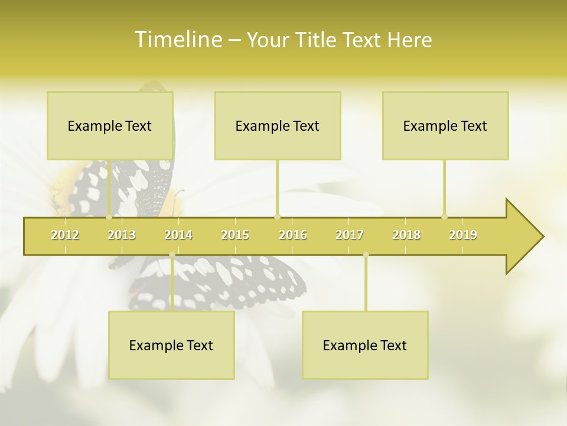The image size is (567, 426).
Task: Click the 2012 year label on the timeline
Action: point(65,235)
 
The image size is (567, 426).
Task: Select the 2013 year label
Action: point(122,235)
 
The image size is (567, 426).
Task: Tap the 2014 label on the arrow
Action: point(178,235)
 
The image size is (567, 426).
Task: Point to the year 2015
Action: point(235,235)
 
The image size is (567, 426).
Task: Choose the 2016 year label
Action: point(293,235)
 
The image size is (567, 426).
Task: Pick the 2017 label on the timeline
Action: point(350,235)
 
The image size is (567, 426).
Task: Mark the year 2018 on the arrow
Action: point(406,235)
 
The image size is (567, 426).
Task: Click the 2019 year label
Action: point(463,235)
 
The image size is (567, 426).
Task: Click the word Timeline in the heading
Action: point(177,40)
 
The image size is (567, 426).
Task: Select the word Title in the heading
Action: point(318,40)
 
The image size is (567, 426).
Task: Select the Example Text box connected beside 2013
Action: point(110,125)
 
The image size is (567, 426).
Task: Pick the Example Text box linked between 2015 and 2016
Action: point(278,125)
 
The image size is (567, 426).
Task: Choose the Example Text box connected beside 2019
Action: point(445,125)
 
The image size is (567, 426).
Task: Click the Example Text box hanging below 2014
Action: point(171,345)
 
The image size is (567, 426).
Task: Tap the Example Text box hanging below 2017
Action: point(365,345)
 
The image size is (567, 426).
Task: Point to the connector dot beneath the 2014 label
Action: point(172,254)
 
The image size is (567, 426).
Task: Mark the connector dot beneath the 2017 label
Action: point(366,254)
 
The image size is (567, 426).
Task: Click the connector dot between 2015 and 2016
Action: point(277,217)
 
